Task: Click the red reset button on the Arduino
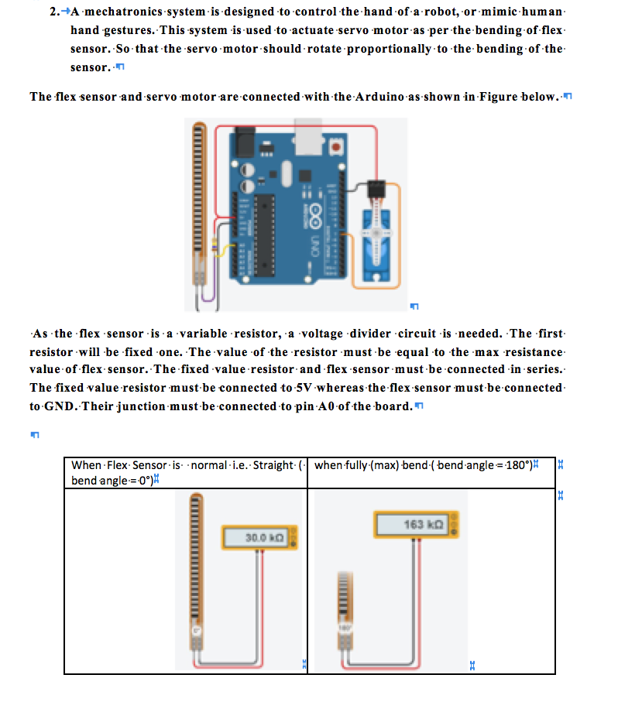click(335, 146)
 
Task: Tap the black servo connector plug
click(377, 188)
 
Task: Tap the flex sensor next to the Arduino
click(199, 201)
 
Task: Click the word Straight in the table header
click(273, 465)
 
